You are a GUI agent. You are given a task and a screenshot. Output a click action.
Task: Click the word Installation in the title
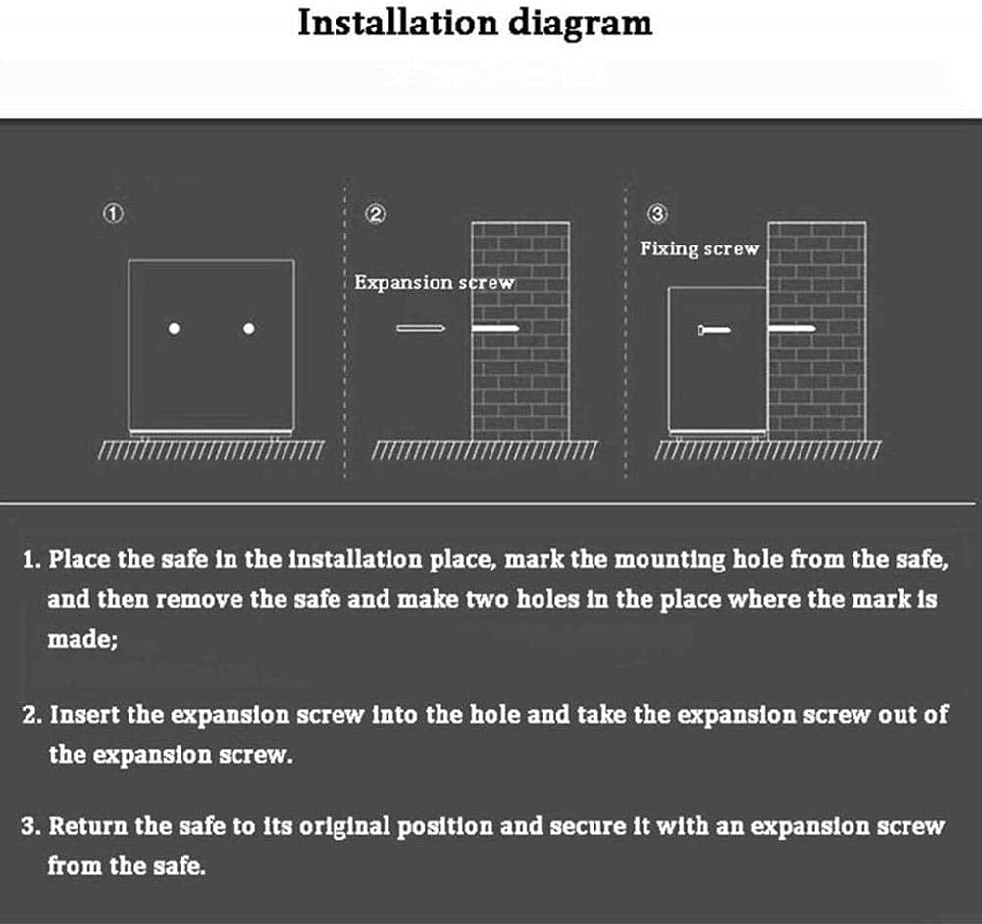click(397, 23)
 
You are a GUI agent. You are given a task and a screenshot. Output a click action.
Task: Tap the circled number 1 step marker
click(113, 214)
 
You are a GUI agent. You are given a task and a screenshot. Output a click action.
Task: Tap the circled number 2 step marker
click(375, 214)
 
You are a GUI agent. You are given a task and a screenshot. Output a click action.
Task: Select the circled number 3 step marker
click(657, 214)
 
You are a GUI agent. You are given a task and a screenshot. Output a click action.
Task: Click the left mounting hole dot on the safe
click(174, 329)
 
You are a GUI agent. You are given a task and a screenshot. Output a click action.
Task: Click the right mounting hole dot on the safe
click(248, 329)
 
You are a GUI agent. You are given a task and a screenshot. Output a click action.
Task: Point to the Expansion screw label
click(434, 283)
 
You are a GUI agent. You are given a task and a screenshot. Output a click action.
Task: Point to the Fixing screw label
click(698, 248)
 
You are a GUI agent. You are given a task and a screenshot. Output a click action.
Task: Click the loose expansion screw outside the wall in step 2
click(421, 328)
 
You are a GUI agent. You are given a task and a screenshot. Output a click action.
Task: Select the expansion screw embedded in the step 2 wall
click(494, 328)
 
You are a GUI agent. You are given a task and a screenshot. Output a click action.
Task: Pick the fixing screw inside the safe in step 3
click(714, 330)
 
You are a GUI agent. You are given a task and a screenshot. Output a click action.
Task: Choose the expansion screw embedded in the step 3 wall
click(792, 328)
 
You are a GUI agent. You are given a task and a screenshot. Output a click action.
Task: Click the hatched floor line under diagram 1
click(212, 450)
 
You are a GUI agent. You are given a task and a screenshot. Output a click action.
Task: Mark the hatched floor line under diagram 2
click(485, 450)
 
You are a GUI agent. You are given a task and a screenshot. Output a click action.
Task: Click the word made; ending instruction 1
click(82, 639)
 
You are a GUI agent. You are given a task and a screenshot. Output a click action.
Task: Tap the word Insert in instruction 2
click(84, 715)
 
